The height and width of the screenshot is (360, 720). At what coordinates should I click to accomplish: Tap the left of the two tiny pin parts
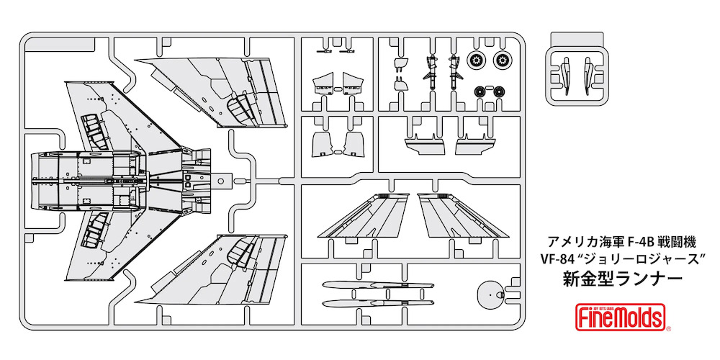(323, 52)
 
